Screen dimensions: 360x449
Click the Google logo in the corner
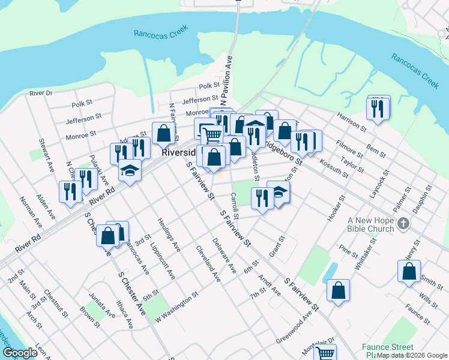20,353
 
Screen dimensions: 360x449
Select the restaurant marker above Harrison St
377,109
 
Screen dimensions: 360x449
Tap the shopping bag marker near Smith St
409,271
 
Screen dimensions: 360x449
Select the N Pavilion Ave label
229,76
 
